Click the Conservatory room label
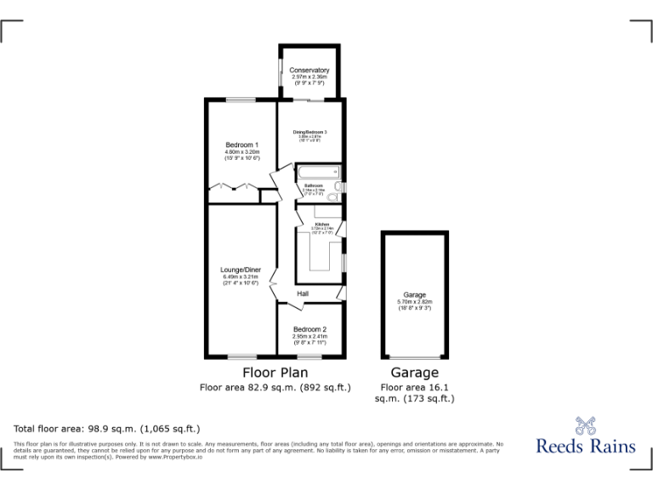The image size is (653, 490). tap(309, 70)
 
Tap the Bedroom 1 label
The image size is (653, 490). tap(241, 145)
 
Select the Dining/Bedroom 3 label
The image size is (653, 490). tap(309, 132)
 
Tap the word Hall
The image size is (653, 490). tap(303, 294)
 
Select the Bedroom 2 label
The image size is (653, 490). tap(309, 329)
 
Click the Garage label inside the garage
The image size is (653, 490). tap(415, 294)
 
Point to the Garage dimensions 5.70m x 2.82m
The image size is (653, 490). tap(415, 301)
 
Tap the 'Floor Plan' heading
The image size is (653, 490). tap(275, 373)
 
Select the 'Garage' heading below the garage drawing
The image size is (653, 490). tap(415, 373)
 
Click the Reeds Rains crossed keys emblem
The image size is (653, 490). tap(583, 425)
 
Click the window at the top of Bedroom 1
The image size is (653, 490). tap(241, 100)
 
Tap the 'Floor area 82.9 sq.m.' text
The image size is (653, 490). tap(275, 388)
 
